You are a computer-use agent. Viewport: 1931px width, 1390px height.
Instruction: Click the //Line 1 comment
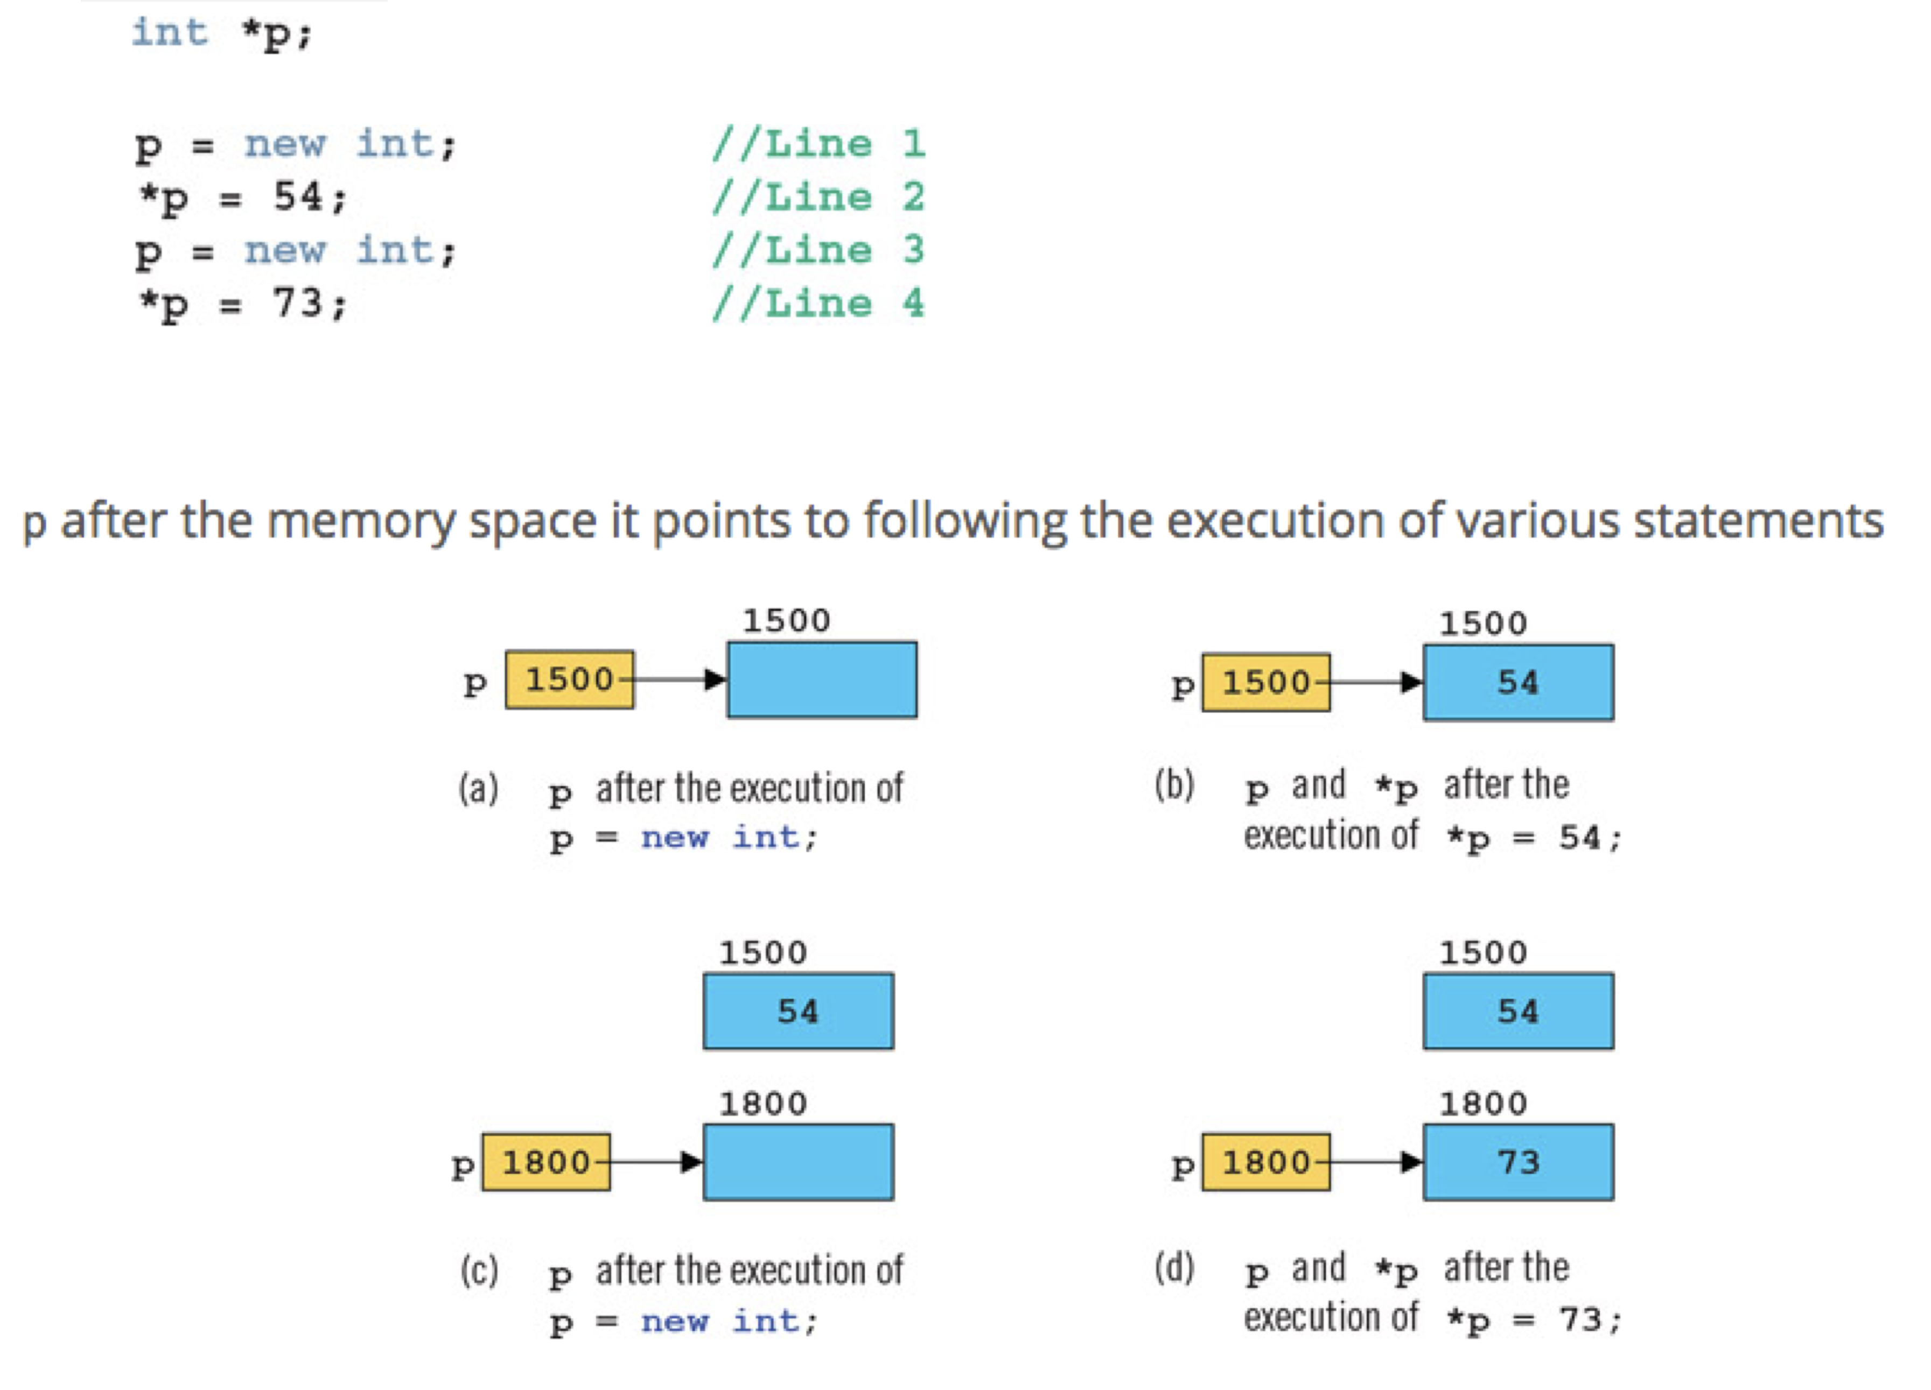(818, 144)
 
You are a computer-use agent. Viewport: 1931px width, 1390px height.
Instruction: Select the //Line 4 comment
(818, 303)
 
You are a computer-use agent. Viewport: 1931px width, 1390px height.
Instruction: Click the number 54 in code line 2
(297, 196)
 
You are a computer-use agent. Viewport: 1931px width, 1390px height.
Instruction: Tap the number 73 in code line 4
(297, 303)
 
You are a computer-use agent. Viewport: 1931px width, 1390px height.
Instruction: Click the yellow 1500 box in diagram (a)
(569, 679)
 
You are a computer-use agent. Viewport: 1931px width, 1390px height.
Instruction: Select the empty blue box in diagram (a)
(822, 679)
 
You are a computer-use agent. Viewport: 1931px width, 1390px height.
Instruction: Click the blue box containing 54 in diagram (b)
(1517, 682)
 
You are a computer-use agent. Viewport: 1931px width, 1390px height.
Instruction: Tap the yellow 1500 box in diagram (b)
(1265, 682)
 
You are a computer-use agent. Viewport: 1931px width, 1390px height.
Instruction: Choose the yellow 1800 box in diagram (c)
(546, 1161)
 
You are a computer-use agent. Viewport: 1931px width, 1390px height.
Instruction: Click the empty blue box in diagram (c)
(798, 1161)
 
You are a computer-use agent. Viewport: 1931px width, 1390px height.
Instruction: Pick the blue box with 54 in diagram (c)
(798, 1010)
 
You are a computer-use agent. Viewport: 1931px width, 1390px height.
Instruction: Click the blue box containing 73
(1517, 1161)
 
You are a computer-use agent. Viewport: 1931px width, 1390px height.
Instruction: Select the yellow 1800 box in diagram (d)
(1265, 1161)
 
